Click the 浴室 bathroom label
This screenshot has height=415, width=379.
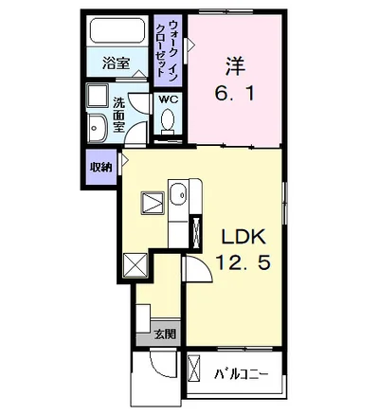tap(116, 63)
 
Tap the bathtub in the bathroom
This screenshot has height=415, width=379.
tap(117, 31)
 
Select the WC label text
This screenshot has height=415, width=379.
tap(169, 99)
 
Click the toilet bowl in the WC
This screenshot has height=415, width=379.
tap(167, 120)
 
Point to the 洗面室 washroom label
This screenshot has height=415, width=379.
tap(118, 114)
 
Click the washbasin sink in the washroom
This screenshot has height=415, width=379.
tap(98, 128)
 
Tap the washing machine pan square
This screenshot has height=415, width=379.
tap(98, 96)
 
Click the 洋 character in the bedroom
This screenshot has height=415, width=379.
tap(234, 65)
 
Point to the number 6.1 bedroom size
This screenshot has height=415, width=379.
tap(234, 94)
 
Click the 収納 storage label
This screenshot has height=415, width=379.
tap(101, 167)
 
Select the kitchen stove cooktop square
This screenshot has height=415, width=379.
tap(153, 203)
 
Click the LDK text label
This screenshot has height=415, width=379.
tap(244, 237)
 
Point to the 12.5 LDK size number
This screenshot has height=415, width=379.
tap(243, 262)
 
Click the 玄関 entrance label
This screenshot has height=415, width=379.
tap(165, 334)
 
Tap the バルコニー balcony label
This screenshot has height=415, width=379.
tap(241, 374)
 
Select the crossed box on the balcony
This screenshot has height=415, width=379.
tap(194, 370)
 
